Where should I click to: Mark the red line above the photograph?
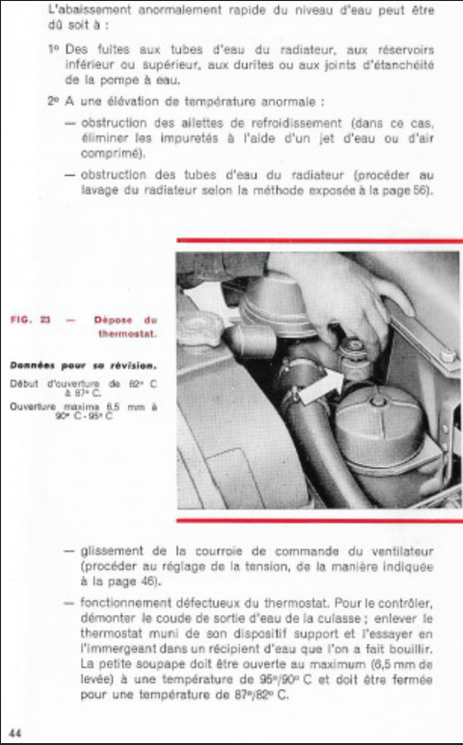(x=319, y=240)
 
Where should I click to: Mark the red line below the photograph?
(x=319, y=520)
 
